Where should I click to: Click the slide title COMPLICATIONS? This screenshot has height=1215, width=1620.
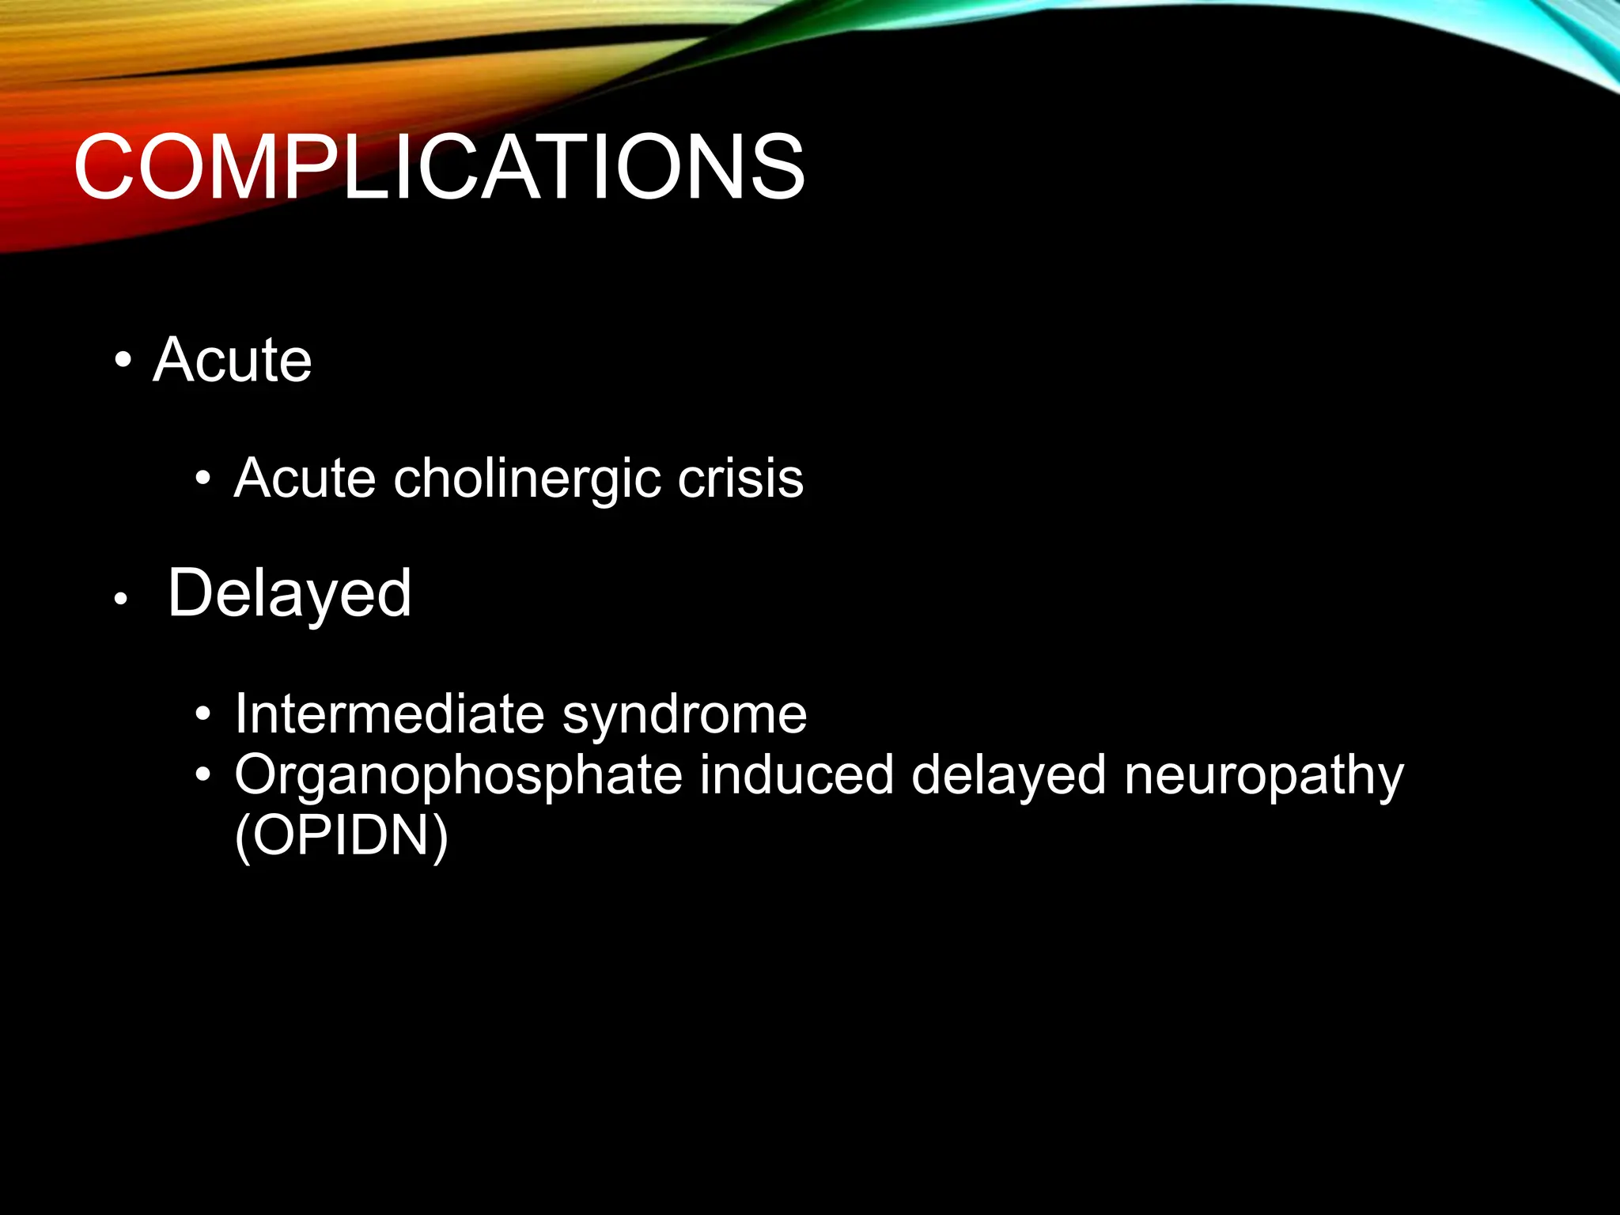pyautogui.click(x=439, y=168)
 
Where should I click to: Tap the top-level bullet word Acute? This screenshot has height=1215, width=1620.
pyautogui.click(x=233, y=360)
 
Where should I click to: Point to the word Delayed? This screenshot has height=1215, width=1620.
pyautogui.click(x=290, y=593)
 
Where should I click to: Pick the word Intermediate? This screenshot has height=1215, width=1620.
pyautogui.click(x=389, y=714)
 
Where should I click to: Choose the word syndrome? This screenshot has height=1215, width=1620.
pyautogui.click(x=684, y=714)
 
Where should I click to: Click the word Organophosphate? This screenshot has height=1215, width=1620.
pyautogui.click(x=458, y=775)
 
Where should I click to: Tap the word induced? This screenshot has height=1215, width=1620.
pyautogui.click(x=797, y=775)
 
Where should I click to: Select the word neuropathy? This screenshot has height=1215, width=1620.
pyautogui.click(x=1263, y=775)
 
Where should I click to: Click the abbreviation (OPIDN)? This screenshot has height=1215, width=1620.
pyautogui.click(x=342, y=836)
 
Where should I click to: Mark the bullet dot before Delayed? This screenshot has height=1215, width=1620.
pyautogui.click(x=120, y=600)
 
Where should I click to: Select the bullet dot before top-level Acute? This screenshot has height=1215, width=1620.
pyautogui.click(x=122, y=361)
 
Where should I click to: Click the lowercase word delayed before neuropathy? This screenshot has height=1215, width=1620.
pyautogui.click(x=1009, y=775)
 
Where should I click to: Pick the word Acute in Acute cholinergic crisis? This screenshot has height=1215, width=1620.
pyautogui.click(x=305, y=479)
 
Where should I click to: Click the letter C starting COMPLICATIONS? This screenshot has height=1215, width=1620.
pyautogui.click(x=104, y=168)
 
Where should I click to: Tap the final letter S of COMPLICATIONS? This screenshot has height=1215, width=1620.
pyautogui.click(x=776, y=168)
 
